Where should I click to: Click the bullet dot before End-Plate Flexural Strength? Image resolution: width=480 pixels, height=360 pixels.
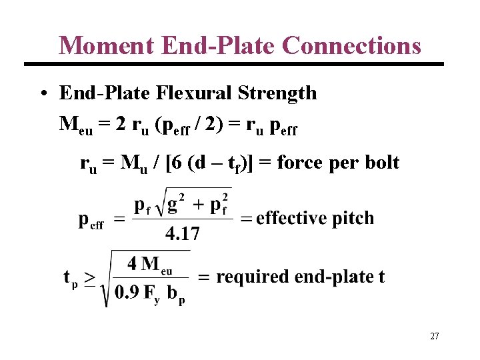click(42, 93)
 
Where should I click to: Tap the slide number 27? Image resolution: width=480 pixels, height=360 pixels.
click(434, 337)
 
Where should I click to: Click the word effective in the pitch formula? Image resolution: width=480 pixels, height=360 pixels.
click(291, 218)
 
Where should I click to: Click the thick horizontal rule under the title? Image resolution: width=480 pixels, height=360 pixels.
click(233, 64)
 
